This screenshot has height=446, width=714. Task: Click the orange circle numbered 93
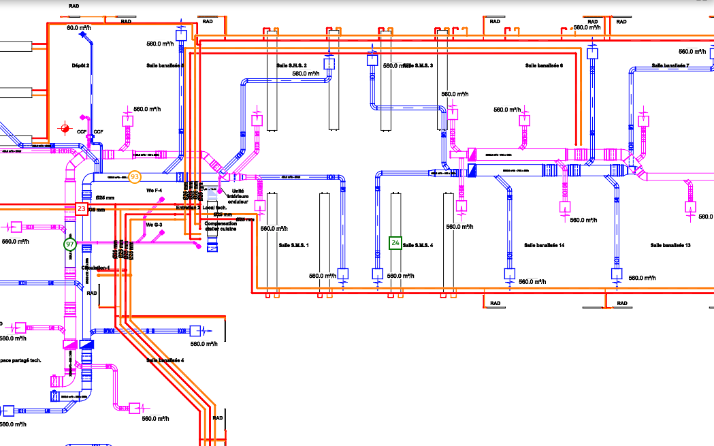click(135, 177)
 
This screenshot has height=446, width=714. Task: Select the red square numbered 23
click(82, 209)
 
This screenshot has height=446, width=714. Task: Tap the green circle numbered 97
click(69, 244)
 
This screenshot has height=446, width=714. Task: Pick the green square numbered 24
click(395, 242)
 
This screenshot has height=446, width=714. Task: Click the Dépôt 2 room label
click(81, 65)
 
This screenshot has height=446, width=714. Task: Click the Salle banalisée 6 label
click(545, 66)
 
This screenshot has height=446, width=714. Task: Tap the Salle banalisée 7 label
click(670, 66)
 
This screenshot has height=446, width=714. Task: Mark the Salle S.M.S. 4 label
click(418, 245)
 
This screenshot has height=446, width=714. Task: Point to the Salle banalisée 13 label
click(670, 245)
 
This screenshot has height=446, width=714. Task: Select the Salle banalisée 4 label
click(165, 360)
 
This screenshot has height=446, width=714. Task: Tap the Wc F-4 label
click(155, 191)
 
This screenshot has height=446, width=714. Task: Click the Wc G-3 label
click(154, 224)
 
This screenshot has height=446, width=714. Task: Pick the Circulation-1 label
click(96, 268)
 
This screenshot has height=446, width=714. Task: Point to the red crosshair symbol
click(65, 127)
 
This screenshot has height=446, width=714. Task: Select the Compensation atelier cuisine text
click(221, 226)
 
